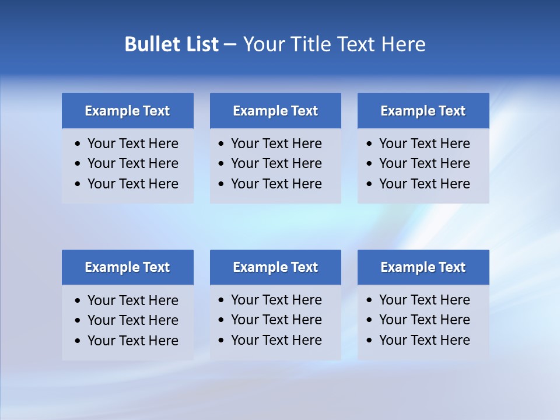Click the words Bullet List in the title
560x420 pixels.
point(171,44)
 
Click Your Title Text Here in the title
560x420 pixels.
point(334,44)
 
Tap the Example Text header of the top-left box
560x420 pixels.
point(127,111)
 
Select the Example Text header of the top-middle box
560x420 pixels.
point(275,111)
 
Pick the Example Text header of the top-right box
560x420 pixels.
point(423,111)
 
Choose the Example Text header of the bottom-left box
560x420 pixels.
point(127,267)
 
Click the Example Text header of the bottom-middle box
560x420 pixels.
point(275,267)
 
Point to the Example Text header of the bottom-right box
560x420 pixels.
point(423,267)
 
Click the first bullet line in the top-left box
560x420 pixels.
point(132,143)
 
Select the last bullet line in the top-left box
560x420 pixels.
point(132,184)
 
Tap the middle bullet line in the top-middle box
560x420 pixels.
point(276,163)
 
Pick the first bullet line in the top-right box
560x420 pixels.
point(424,143)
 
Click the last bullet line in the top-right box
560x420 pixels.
point(424,184)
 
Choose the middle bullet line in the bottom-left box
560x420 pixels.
point(132,320)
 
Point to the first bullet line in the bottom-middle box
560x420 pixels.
point(276,300)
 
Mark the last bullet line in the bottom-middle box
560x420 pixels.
point(276,340)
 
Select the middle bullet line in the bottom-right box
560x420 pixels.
point(424,320)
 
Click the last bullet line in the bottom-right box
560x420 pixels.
point(424,340)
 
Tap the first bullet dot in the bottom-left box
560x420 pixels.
point(78,301)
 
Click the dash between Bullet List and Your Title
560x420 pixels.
point(230,44)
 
